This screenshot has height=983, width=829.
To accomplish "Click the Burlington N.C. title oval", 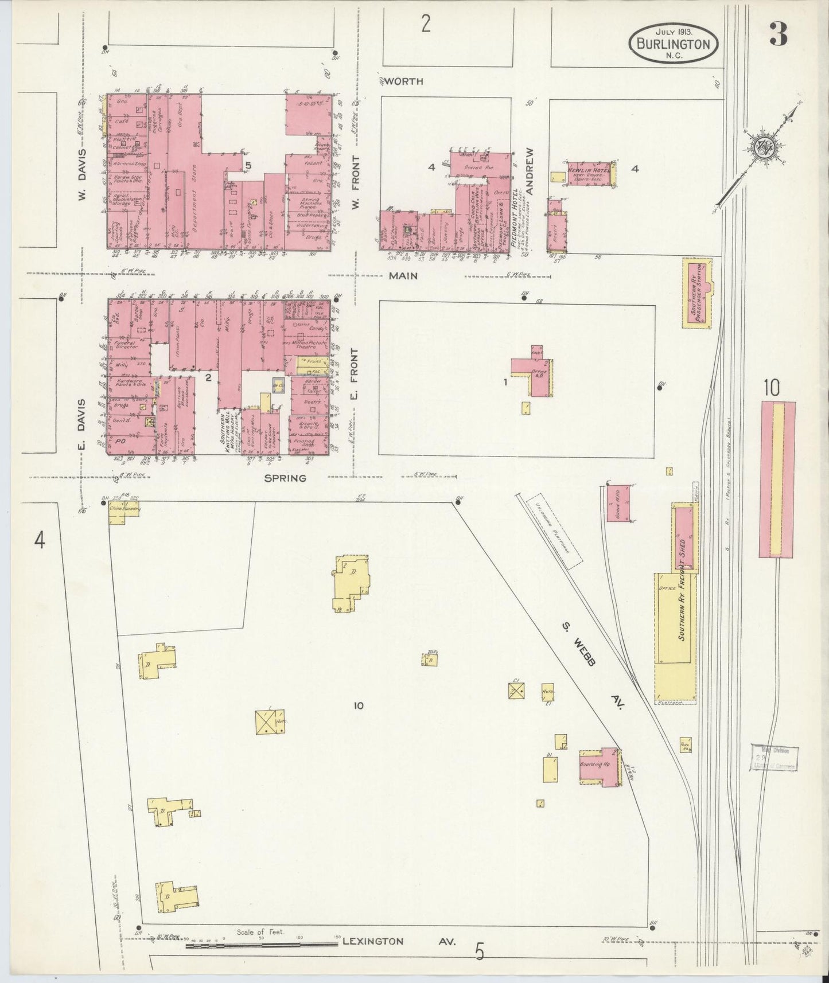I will click(x=674, y=44).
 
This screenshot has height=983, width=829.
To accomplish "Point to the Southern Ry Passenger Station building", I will click(x=697, y=293).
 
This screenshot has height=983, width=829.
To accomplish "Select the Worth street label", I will click(x=403, y=81).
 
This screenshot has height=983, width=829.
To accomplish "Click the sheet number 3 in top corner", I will click(x=779, y=36).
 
